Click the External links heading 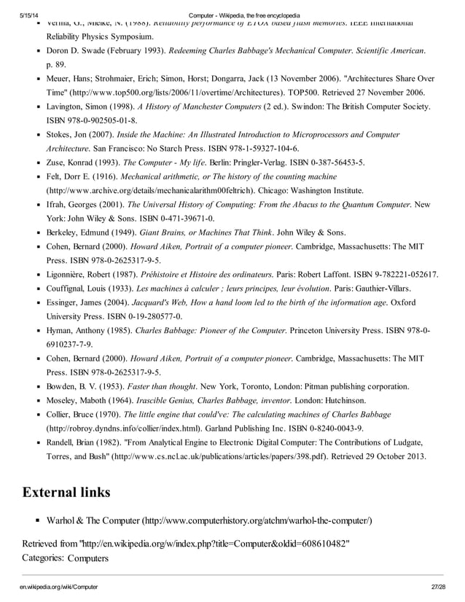pyautogui.click(x=67, y=492)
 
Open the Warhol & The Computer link pyautogui.click(x=209, y=520)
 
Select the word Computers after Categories pyautogui.click(x=88, y=558)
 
